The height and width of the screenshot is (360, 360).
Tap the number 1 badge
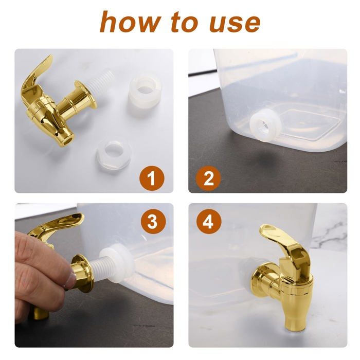pyautogui.click(x=151, y=178)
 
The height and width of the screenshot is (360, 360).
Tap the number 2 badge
pyautogui.click(x=209, y=178)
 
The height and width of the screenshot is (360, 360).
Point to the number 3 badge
pyautogui.click(x=152, y=222)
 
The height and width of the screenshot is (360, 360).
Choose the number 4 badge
pyautogui.click(x=209, y=222)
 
